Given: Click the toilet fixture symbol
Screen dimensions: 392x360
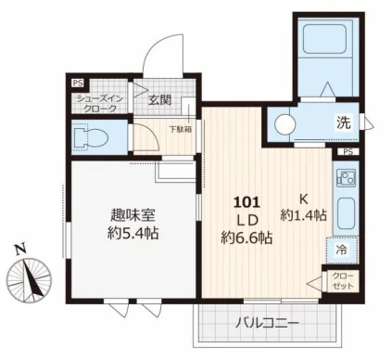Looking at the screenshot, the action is click(x=90, y=136).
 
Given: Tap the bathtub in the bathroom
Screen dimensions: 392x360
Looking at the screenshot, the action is click(x=324, y=38).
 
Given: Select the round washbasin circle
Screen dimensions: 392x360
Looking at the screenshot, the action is click(x=285, y=124).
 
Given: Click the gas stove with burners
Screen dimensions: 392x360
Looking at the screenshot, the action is click(x=346, y=177).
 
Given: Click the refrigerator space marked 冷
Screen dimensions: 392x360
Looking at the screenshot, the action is click(x=342, y=250).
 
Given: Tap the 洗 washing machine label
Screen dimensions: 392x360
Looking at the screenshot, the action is click(x=344, y=122).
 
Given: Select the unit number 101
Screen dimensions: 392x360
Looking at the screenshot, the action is click(x=247, y=202).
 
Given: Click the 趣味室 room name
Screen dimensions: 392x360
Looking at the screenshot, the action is click(x=133, y=215).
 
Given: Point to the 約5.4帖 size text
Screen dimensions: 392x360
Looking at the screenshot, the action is click(x=133, y=234).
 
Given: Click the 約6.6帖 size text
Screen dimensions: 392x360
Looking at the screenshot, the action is click(x=247, y=238).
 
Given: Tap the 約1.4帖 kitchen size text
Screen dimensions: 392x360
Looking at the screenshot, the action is click(x=303, y=215).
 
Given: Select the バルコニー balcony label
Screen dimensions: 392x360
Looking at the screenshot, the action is click(x=267, y=324).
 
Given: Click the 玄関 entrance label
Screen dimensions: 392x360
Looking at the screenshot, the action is click(x=159, y=99).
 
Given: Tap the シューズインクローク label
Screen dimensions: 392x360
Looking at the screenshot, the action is click(x=100, y=104).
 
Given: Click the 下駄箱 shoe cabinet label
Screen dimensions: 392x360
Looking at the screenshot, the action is click(x=181, y=129).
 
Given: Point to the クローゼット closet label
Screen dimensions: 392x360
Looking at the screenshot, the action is click(x=343, y=281).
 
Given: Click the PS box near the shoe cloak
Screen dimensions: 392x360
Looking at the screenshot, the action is click(x=78, y=83).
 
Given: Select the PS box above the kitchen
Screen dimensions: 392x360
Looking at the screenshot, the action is click(x=348, y=152).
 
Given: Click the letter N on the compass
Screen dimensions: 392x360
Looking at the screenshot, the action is click(x=20, y=250).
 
